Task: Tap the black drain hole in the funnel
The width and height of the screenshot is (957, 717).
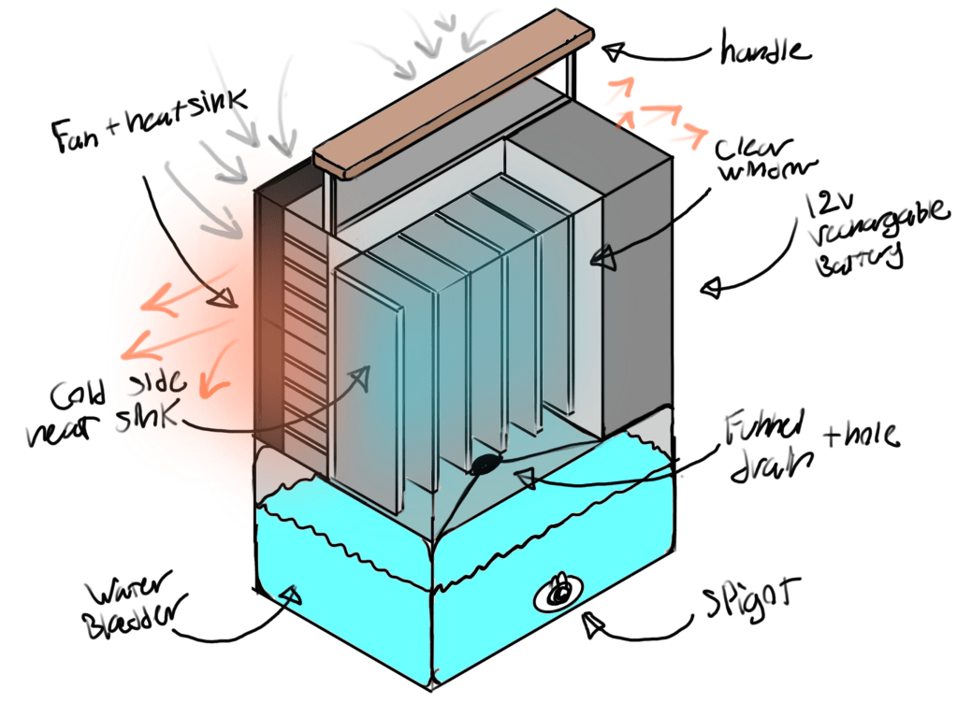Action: click(486, 464)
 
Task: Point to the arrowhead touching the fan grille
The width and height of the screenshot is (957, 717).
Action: click(225, 298)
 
